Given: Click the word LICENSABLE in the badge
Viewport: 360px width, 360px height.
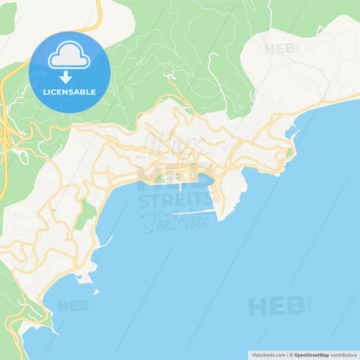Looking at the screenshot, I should pyautogui.click(x=70, y=91).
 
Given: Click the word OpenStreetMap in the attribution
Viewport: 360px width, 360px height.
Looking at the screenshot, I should pyautogui.click(x=311, y=354).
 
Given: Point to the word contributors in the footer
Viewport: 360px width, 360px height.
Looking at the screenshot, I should pyautogui.click(x=342, y=354).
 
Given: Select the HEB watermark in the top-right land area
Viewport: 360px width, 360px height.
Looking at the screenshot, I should pyautogui.click(x=280, y=49).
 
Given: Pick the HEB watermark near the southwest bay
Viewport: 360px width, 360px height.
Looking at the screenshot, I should pyautogui.click(x=74, y=306).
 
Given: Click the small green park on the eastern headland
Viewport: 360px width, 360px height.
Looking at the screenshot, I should pyautogui.click(x=289, y=153).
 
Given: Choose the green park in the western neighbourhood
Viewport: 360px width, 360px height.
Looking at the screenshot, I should pyautogui.click(x=85, y=215).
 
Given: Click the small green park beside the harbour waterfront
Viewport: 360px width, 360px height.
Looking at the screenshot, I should pyautogui.click(x=159, y=178).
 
